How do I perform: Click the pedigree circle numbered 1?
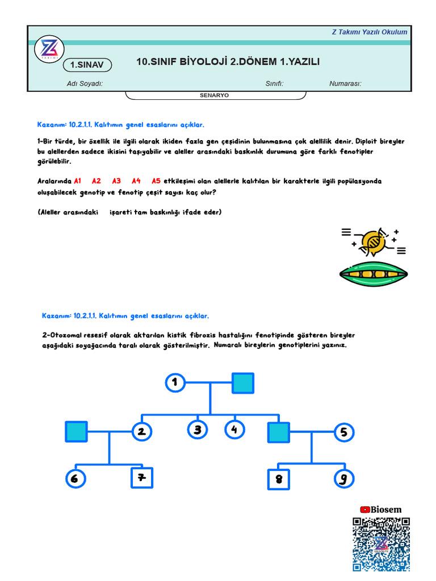click(175, 383)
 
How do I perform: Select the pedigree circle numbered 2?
click(141, 432)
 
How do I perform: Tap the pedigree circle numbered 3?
click(198, 430)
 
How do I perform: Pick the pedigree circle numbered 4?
click(234, 430)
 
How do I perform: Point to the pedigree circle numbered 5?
click(343, 432)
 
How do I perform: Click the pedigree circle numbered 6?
click(74, 478)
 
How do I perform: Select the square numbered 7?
click(142, 478)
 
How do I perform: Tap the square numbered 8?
click(278, 479)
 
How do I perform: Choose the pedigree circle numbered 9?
click(343, 479)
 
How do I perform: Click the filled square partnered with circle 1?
click(242, 384)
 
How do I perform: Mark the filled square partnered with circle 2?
click(76, 432)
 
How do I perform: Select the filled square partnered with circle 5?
click(278, 432)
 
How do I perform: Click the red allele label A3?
click(116, 181)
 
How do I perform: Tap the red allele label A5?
click(156, 181)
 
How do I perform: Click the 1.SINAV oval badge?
click(87, 65)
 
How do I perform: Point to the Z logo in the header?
click(48, 50)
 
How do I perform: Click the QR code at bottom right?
click(380, 544)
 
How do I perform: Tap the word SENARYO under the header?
click(214, 95)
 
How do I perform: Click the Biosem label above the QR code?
click(381, 510)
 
